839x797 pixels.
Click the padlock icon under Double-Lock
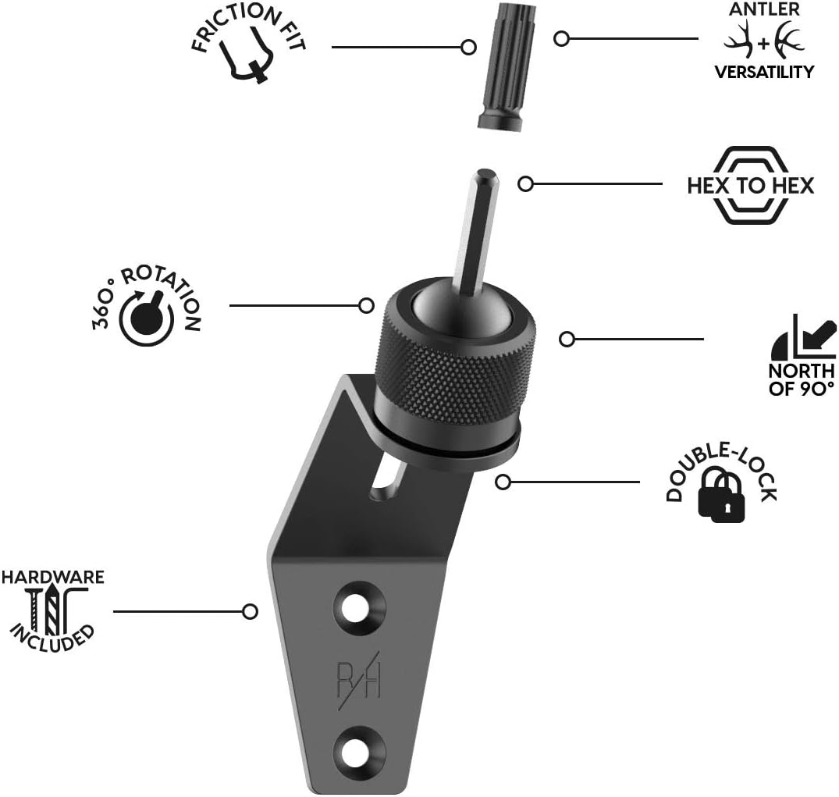pyautogui.click(x=723, y=498)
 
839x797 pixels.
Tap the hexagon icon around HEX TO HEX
pyautogui.click(x=750, y=185)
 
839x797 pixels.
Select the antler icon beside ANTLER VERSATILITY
pyautogui.click(x=764, y=44)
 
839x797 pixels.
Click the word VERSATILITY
pyautogui.click(x=764, y=73)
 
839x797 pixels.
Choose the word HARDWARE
pyautogui.click(x=52, y=578)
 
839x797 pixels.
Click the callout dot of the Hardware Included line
pyautogui.click(x=251, y=611)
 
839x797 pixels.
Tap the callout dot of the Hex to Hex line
pyautogui.click(x=526, y=184)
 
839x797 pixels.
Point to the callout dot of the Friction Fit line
pyautogui.click(x=469, y=47)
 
